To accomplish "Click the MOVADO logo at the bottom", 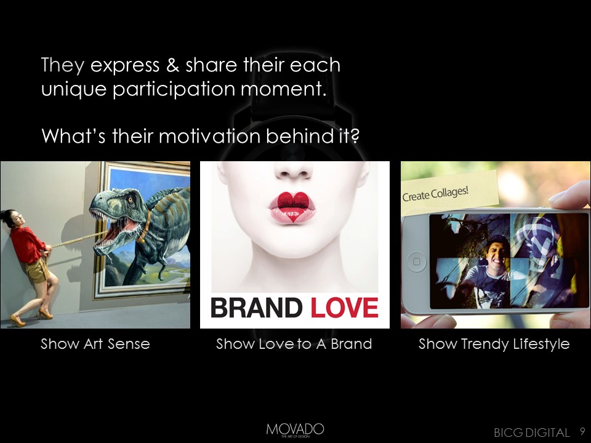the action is (295, 430).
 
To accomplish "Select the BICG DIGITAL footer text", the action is (531, 433).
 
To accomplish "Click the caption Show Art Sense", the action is (95, 344).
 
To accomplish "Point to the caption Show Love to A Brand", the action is (294, 344).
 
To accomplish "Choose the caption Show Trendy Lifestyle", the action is (494, 345).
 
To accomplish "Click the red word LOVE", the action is (344, 308).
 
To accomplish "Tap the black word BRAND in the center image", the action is (256, 308).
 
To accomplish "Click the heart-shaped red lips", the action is (292, 207).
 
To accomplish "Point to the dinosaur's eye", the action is (131, 199).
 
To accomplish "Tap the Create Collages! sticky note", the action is (449, 194).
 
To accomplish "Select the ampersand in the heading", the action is (172, 65).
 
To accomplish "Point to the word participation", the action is (174, 90).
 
